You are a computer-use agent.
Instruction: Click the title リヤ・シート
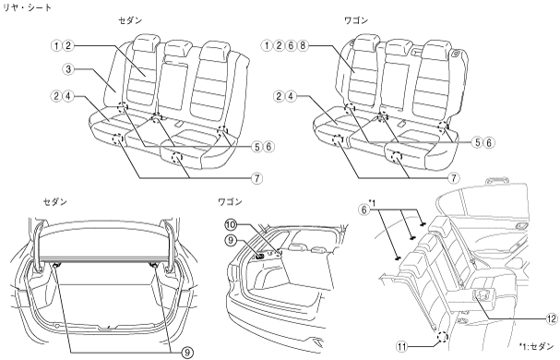click(x=27, y=6)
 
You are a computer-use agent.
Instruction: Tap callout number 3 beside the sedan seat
click(x=68, y=68)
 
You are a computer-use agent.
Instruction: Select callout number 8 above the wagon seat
click(x=303, y=46)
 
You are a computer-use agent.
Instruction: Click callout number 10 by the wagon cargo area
click(x=231, y=225)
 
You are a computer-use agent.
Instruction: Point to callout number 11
click(x=401, y=347)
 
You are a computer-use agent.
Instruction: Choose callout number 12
click(x=552, y=318)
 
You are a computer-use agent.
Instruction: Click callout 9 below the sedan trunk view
click(x=187, y=353)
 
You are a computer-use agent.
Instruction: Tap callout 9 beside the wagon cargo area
click(x=231, y=241)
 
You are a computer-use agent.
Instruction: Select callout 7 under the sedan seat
click(x=257, y=178)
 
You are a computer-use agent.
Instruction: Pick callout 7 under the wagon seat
click(x=454, y=177)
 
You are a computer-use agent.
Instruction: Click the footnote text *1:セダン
click(x=536, y=346)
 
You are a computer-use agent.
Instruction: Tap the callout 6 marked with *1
click(x=364, y=210)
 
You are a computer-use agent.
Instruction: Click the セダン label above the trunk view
click(x=55, y=202)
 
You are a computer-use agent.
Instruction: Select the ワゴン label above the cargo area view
click(x=230, y=202)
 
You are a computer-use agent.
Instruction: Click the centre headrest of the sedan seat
click(x=177, y=49)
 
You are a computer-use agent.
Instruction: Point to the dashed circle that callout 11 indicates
click(x=442, y=337)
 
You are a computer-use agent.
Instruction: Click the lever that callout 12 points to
click(x=483, y=295)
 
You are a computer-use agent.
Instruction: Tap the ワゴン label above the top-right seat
click(x=356, y=20)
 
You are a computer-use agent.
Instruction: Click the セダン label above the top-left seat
click(x=130, y=20)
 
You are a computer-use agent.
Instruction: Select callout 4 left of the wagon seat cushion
click(x=292, y=96)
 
